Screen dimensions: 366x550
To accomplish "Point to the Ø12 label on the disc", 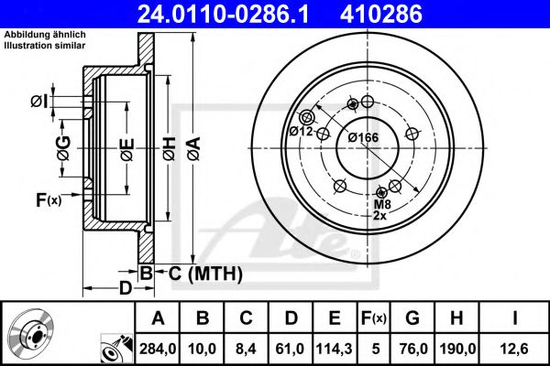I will point(302,132).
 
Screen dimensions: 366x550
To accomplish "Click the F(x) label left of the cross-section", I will point(49,199).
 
